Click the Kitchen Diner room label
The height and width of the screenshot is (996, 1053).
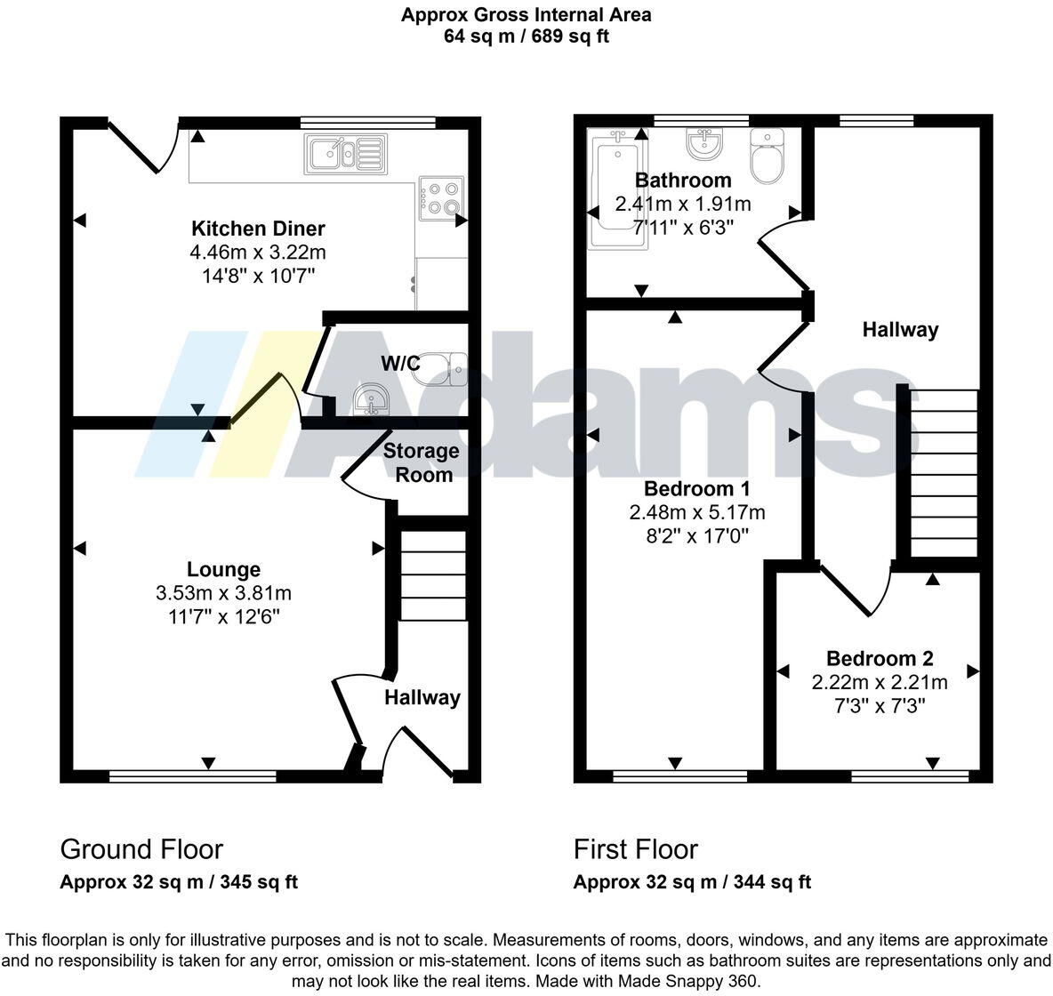click(258, 229)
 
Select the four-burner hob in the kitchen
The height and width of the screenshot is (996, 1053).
click(442, 198)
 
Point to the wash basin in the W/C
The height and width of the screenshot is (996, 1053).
click(370, 401)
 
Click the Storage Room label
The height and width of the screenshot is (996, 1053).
click(422, 462)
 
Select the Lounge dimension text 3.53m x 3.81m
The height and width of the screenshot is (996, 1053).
click(223, 593)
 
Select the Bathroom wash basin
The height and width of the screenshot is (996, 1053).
click(704, 143)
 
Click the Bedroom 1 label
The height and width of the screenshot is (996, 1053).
click(696, 488)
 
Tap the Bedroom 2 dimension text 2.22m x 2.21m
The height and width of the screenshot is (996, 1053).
click(879, 682)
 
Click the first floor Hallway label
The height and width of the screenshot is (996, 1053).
click(900, 330)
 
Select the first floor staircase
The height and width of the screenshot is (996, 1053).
click(943, 473)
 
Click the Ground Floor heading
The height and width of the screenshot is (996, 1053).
click(141, 849)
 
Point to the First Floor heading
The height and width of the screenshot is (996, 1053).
click(635, 849)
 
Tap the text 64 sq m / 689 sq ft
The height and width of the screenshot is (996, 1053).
click(526, 36)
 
